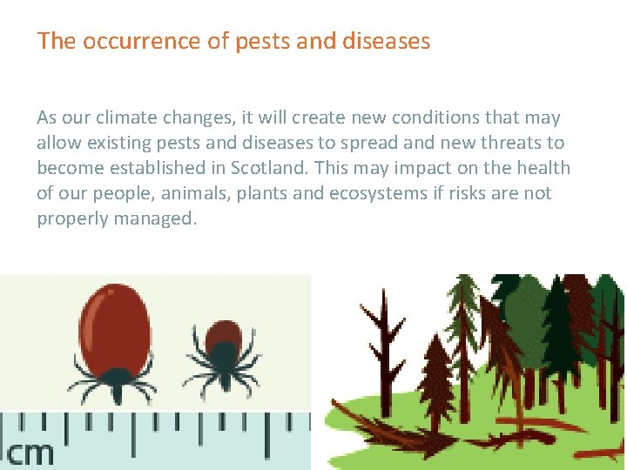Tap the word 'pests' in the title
255,42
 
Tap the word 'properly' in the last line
69,218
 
